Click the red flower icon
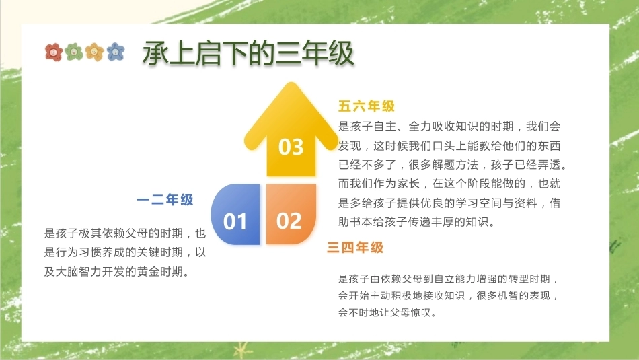point(53,52)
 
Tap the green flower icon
point(74,52)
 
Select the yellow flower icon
point(95,52)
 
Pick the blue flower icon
point(116,52)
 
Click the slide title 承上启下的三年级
point(248,53)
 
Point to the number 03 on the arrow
point(291,147)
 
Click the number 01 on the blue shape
point(235,221)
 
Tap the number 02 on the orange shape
point(289,221)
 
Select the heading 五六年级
point(367,106)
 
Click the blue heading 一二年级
point(165,200)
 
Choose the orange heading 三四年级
point(355,248)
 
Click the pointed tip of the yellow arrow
point(291,83)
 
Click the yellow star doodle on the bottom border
point(241,350)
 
